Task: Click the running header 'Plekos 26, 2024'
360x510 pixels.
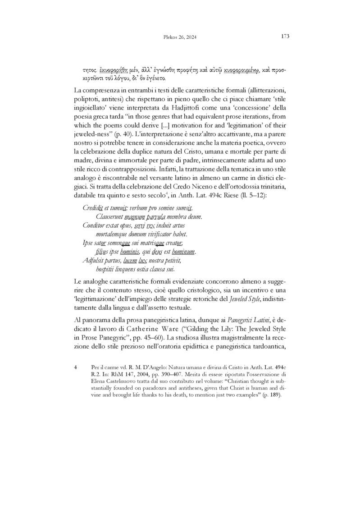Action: click(180, 37)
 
